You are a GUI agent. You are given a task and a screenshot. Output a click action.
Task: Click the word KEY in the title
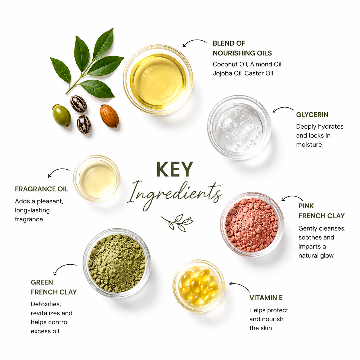click(x=175, y=169)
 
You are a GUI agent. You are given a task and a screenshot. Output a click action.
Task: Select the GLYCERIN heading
click(x=312, y=115)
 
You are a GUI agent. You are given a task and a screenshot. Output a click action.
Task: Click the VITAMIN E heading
click(x=266, y=298)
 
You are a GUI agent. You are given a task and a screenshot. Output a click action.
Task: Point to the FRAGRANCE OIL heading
click(x=41, y=189)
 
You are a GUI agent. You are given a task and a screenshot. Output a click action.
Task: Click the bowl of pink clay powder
click(x=252, y=225)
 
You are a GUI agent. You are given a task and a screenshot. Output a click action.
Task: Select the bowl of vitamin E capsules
click(x=199, y=286)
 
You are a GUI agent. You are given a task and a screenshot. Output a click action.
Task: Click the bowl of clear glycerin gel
click(x=239, y=127)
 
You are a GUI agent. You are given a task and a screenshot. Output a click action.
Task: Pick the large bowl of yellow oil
click(x=158, y=80)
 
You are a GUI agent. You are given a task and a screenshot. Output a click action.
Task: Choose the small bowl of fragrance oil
click(x=96, y=178)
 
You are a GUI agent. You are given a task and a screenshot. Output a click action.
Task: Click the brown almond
click(x=109, y=116)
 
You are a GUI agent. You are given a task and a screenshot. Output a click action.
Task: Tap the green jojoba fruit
click(x=61, y=115)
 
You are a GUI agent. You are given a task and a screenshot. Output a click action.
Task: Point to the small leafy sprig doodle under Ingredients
click(x=177, y=222)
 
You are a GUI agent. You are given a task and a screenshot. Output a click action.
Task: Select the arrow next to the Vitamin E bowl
click(x=240, y=286)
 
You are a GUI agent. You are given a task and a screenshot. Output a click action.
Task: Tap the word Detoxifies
click(x=46, y=304)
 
